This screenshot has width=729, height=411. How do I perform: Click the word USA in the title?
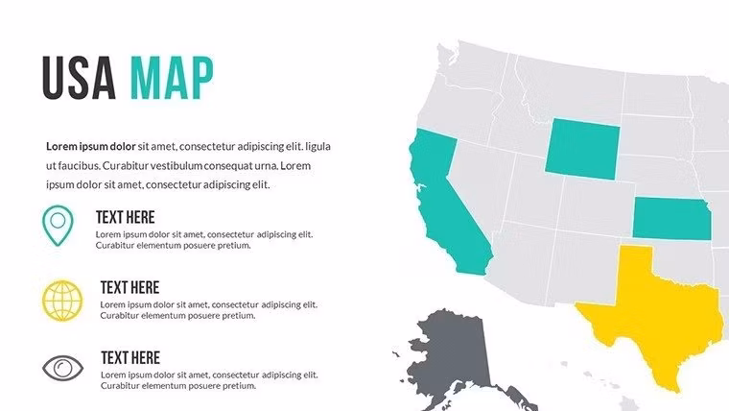coord(79,78)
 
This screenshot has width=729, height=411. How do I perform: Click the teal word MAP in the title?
coord(172,78)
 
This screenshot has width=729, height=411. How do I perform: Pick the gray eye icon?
coord(63,368)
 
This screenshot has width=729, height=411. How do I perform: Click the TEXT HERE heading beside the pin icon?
coord(125,217)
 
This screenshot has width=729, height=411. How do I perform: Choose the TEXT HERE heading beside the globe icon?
coord(129,287)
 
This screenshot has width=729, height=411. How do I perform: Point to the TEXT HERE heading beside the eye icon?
coord(129,357)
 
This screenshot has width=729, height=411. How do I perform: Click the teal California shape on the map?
coord(446,206)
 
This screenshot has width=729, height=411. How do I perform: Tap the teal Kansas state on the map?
coord(670,219)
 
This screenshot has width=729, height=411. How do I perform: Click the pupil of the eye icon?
coord(63,368)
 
